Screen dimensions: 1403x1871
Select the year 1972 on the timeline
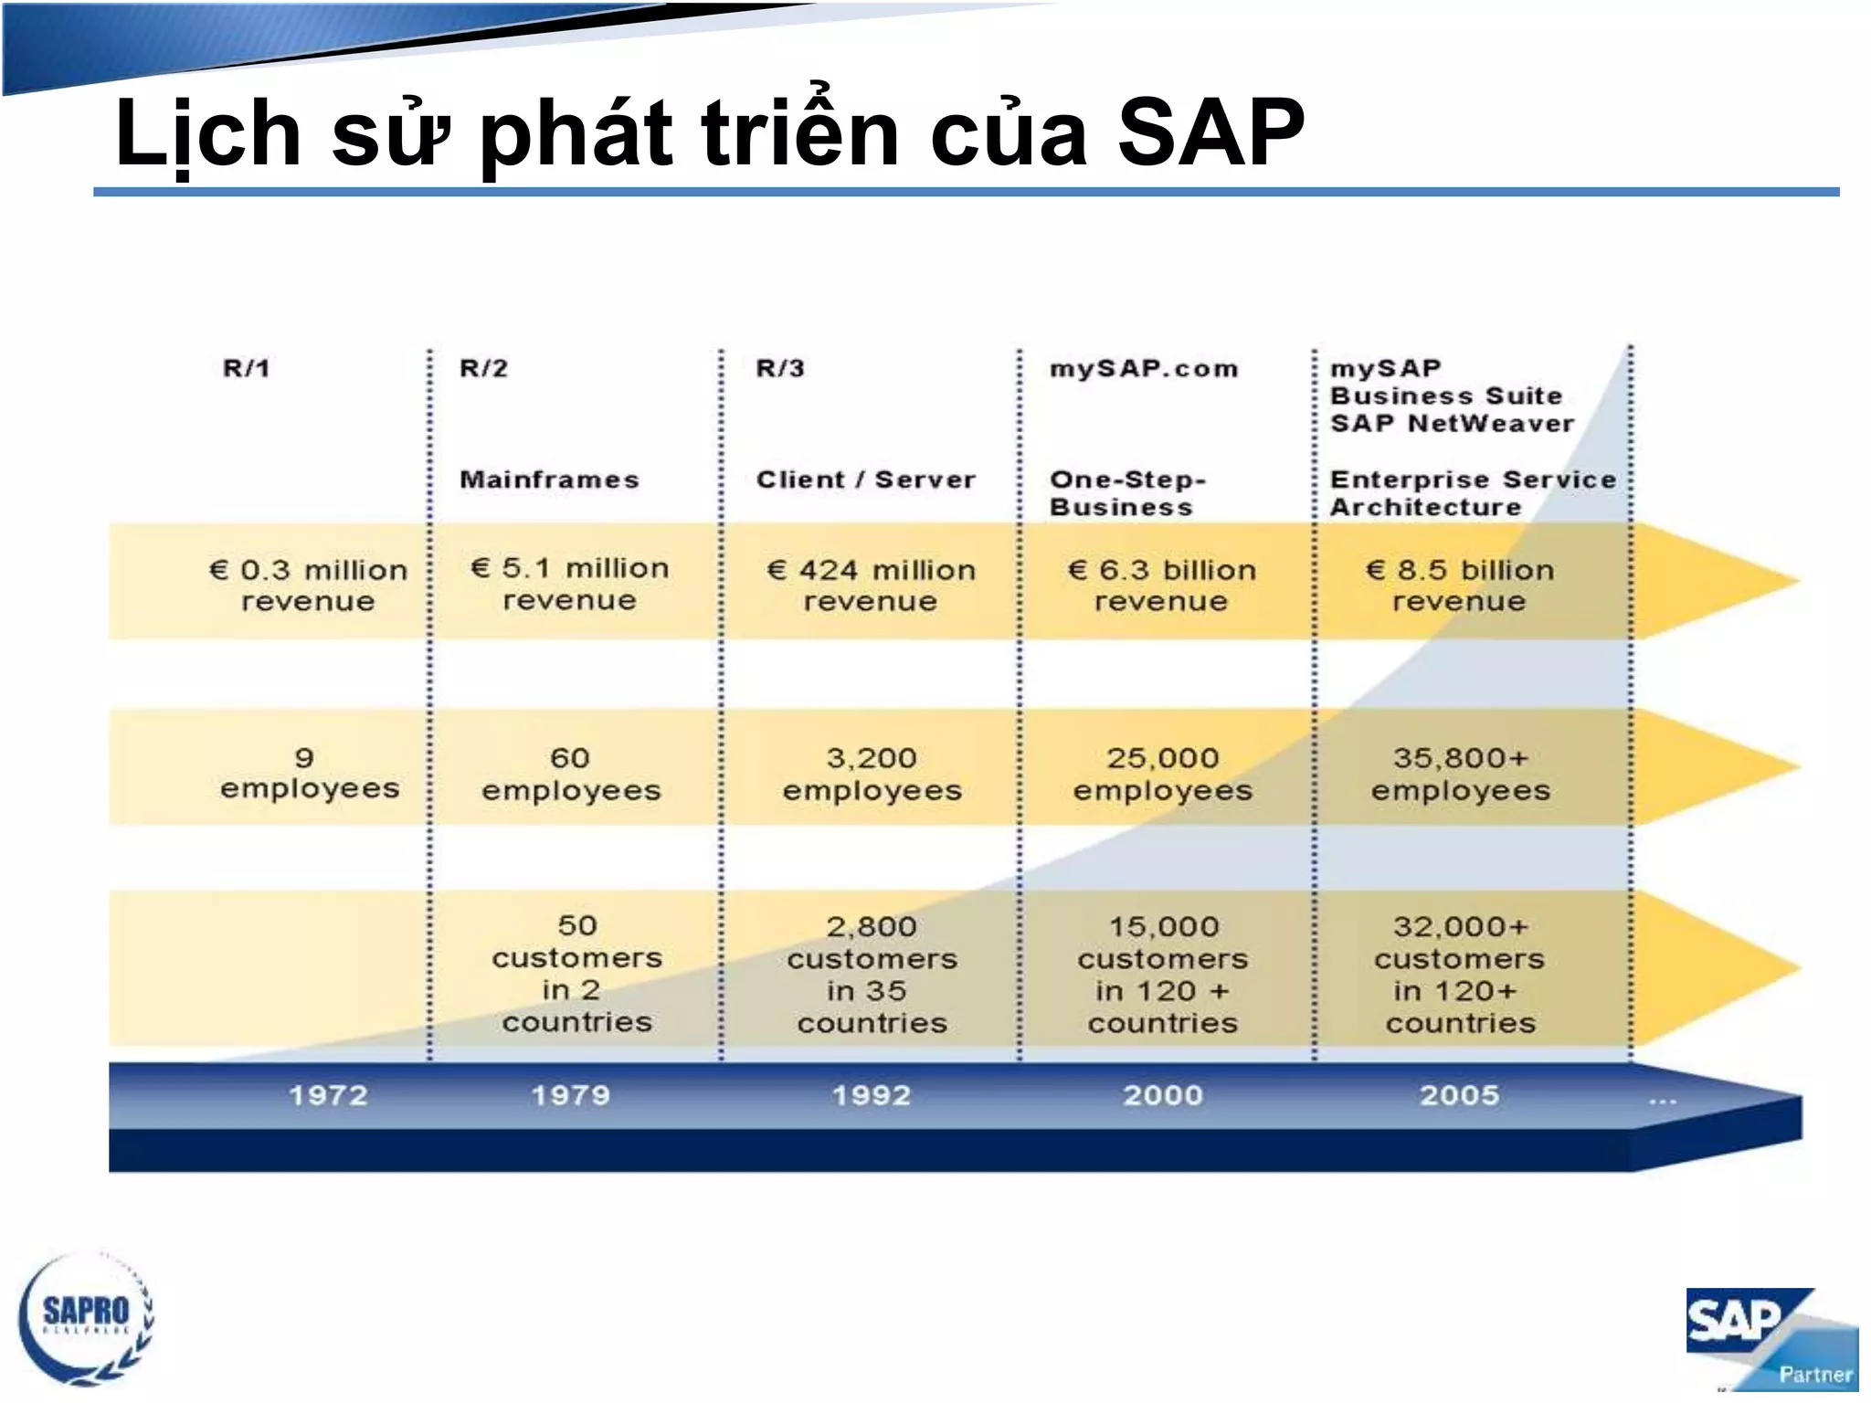328,1095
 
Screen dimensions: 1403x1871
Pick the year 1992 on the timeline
872,1095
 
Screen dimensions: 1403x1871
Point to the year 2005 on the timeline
1459,1095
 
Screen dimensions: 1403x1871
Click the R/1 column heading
247,368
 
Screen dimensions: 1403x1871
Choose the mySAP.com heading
1144,369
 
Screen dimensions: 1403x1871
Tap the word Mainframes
549,480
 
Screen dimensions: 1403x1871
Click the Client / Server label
865,480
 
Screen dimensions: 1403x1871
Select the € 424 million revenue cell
871,585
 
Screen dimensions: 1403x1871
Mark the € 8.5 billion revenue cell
1459,585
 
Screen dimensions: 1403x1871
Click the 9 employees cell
309,773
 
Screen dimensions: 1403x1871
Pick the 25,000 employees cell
1162,774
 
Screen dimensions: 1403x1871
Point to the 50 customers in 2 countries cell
576,974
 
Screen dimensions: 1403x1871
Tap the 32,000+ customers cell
1459,975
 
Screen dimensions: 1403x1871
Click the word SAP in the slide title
1210,134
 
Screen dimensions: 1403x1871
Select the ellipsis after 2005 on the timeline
1662,1100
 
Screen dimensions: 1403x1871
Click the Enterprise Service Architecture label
1472,492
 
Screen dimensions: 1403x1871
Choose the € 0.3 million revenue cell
308,585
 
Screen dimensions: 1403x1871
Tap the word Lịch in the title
207,134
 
